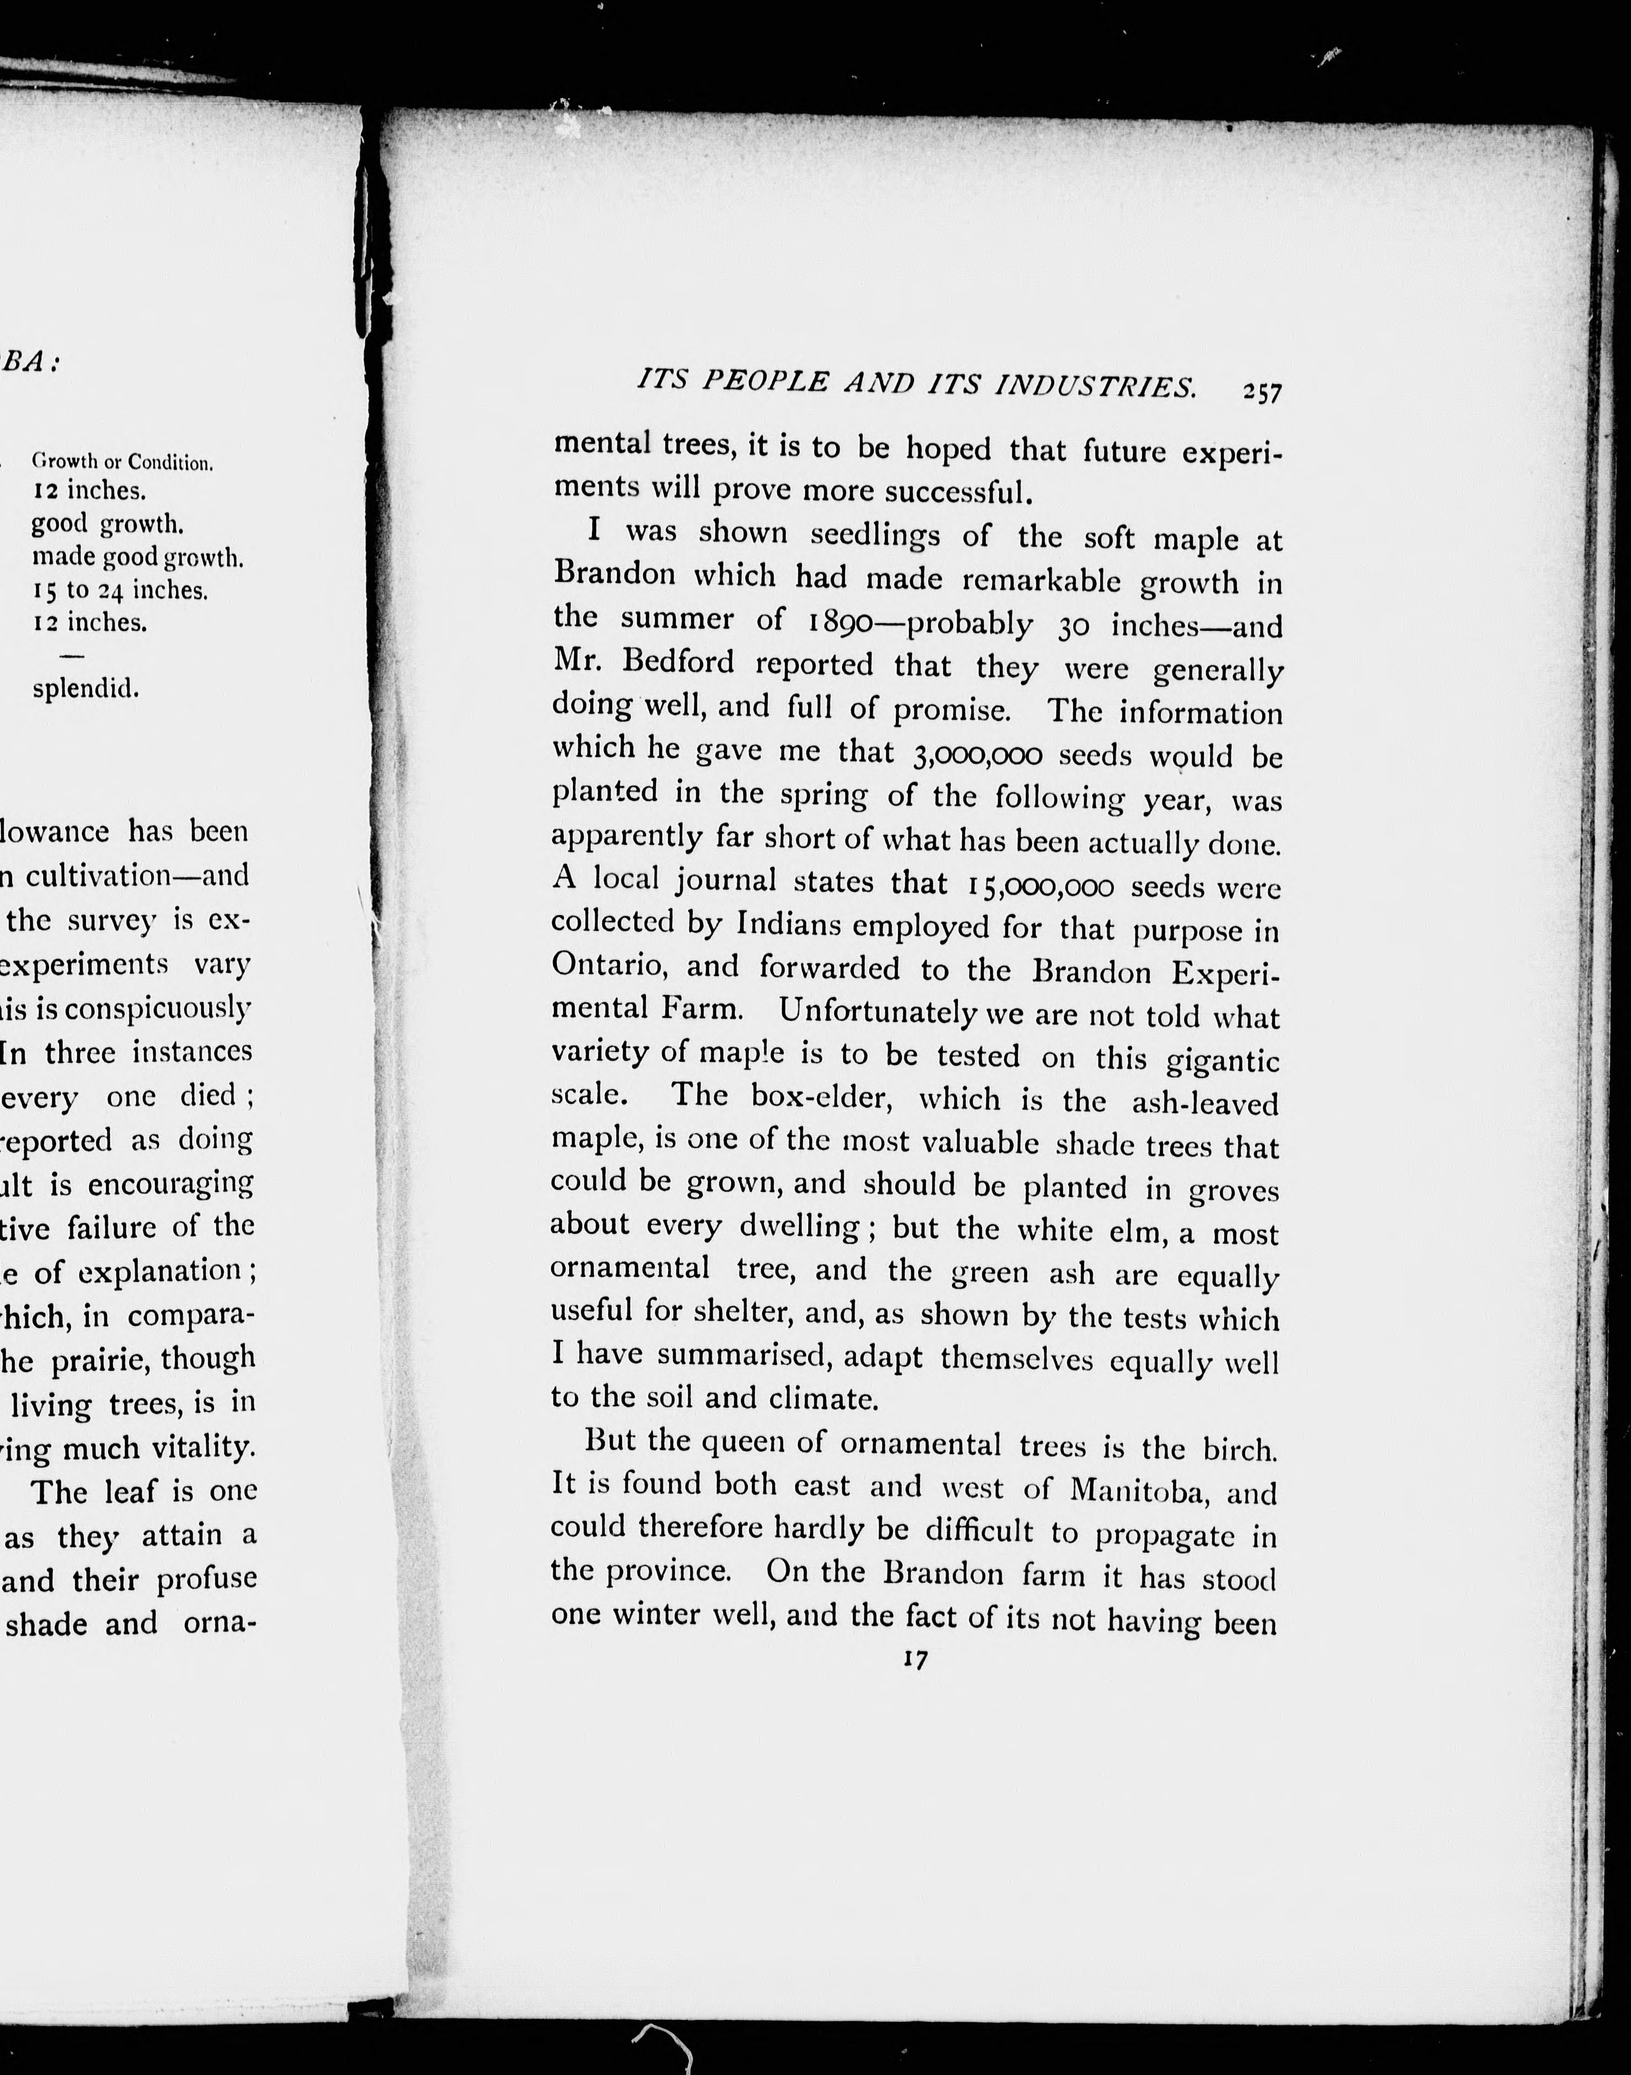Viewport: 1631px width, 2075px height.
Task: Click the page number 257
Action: coord(1261,393)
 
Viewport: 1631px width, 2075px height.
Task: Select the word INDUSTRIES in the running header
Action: coord(1095,386)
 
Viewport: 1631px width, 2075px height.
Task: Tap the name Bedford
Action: coord(673,662)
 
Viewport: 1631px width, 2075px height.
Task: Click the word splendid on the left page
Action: coord(85,688)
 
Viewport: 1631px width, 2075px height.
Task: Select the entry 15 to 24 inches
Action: coord(120,590)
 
